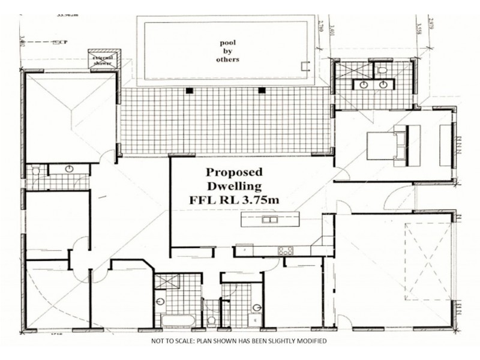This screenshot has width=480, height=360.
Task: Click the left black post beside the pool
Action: click(190, 91)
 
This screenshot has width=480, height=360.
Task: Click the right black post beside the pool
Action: click(261, 91)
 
